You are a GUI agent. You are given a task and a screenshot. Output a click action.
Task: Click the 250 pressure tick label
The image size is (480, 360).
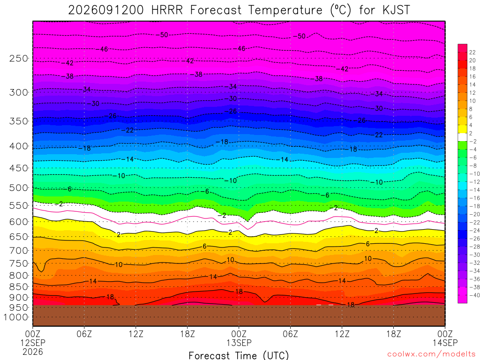pos(19,58)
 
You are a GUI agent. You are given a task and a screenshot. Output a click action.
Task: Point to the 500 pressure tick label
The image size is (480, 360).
pos(19,187)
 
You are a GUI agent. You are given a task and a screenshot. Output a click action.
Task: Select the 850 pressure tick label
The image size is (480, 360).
pos(19,287)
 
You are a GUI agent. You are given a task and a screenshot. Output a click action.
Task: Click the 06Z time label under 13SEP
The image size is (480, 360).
pos(290,333)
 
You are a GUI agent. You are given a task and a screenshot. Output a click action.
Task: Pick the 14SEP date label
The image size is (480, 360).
pos(445,343)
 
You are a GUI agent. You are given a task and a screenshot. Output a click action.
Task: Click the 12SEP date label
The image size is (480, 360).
pos(33,343)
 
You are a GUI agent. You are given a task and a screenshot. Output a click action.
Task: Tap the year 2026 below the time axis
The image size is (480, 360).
pos(33,352)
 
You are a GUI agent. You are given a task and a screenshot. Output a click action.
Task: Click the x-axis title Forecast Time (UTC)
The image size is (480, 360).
pos(239,355)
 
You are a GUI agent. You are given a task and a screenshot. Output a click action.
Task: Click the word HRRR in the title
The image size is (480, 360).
pos(167,10)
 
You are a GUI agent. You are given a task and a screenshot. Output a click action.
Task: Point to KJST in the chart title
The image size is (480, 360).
pos(396,10)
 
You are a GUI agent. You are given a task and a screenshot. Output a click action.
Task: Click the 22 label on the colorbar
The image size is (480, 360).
pos(472,52)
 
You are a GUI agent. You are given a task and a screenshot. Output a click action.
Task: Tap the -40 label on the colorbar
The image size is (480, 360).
pos(474,295)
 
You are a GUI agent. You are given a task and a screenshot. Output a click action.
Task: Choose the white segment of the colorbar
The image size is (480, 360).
pos(463,137)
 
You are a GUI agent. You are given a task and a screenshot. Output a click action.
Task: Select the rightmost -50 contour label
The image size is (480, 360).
pos(300,36)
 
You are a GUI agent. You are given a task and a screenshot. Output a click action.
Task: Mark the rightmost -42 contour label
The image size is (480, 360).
pos(342,69)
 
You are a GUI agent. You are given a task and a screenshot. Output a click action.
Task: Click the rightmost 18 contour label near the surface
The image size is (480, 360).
pos(351,305)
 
